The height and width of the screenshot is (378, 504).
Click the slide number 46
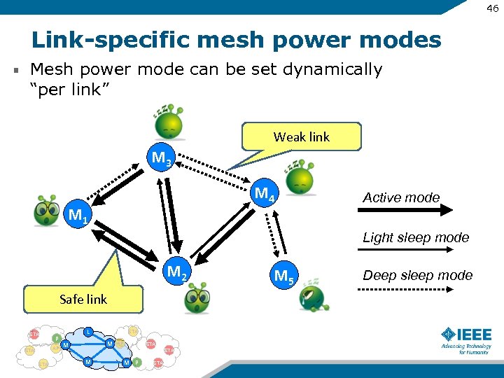(x=493, y=9)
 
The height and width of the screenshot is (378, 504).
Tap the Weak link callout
(x=301, y=137)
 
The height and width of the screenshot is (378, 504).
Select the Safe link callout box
(x=83, y=299)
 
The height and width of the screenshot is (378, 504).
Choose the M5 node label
(x=284, y=276)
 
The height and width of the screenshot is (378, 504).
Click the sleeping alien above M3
(x=169, y=123)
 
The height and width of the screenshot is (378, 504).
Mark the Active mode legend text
(x=401, y=197)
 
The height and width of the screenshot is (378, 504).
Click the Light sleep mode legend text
(x=416, y=237)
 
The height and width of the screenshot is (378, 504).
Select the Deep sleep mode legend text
(x=417, y=275)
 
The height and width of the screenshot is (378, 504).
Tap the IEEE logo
(x=466, y=339)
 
